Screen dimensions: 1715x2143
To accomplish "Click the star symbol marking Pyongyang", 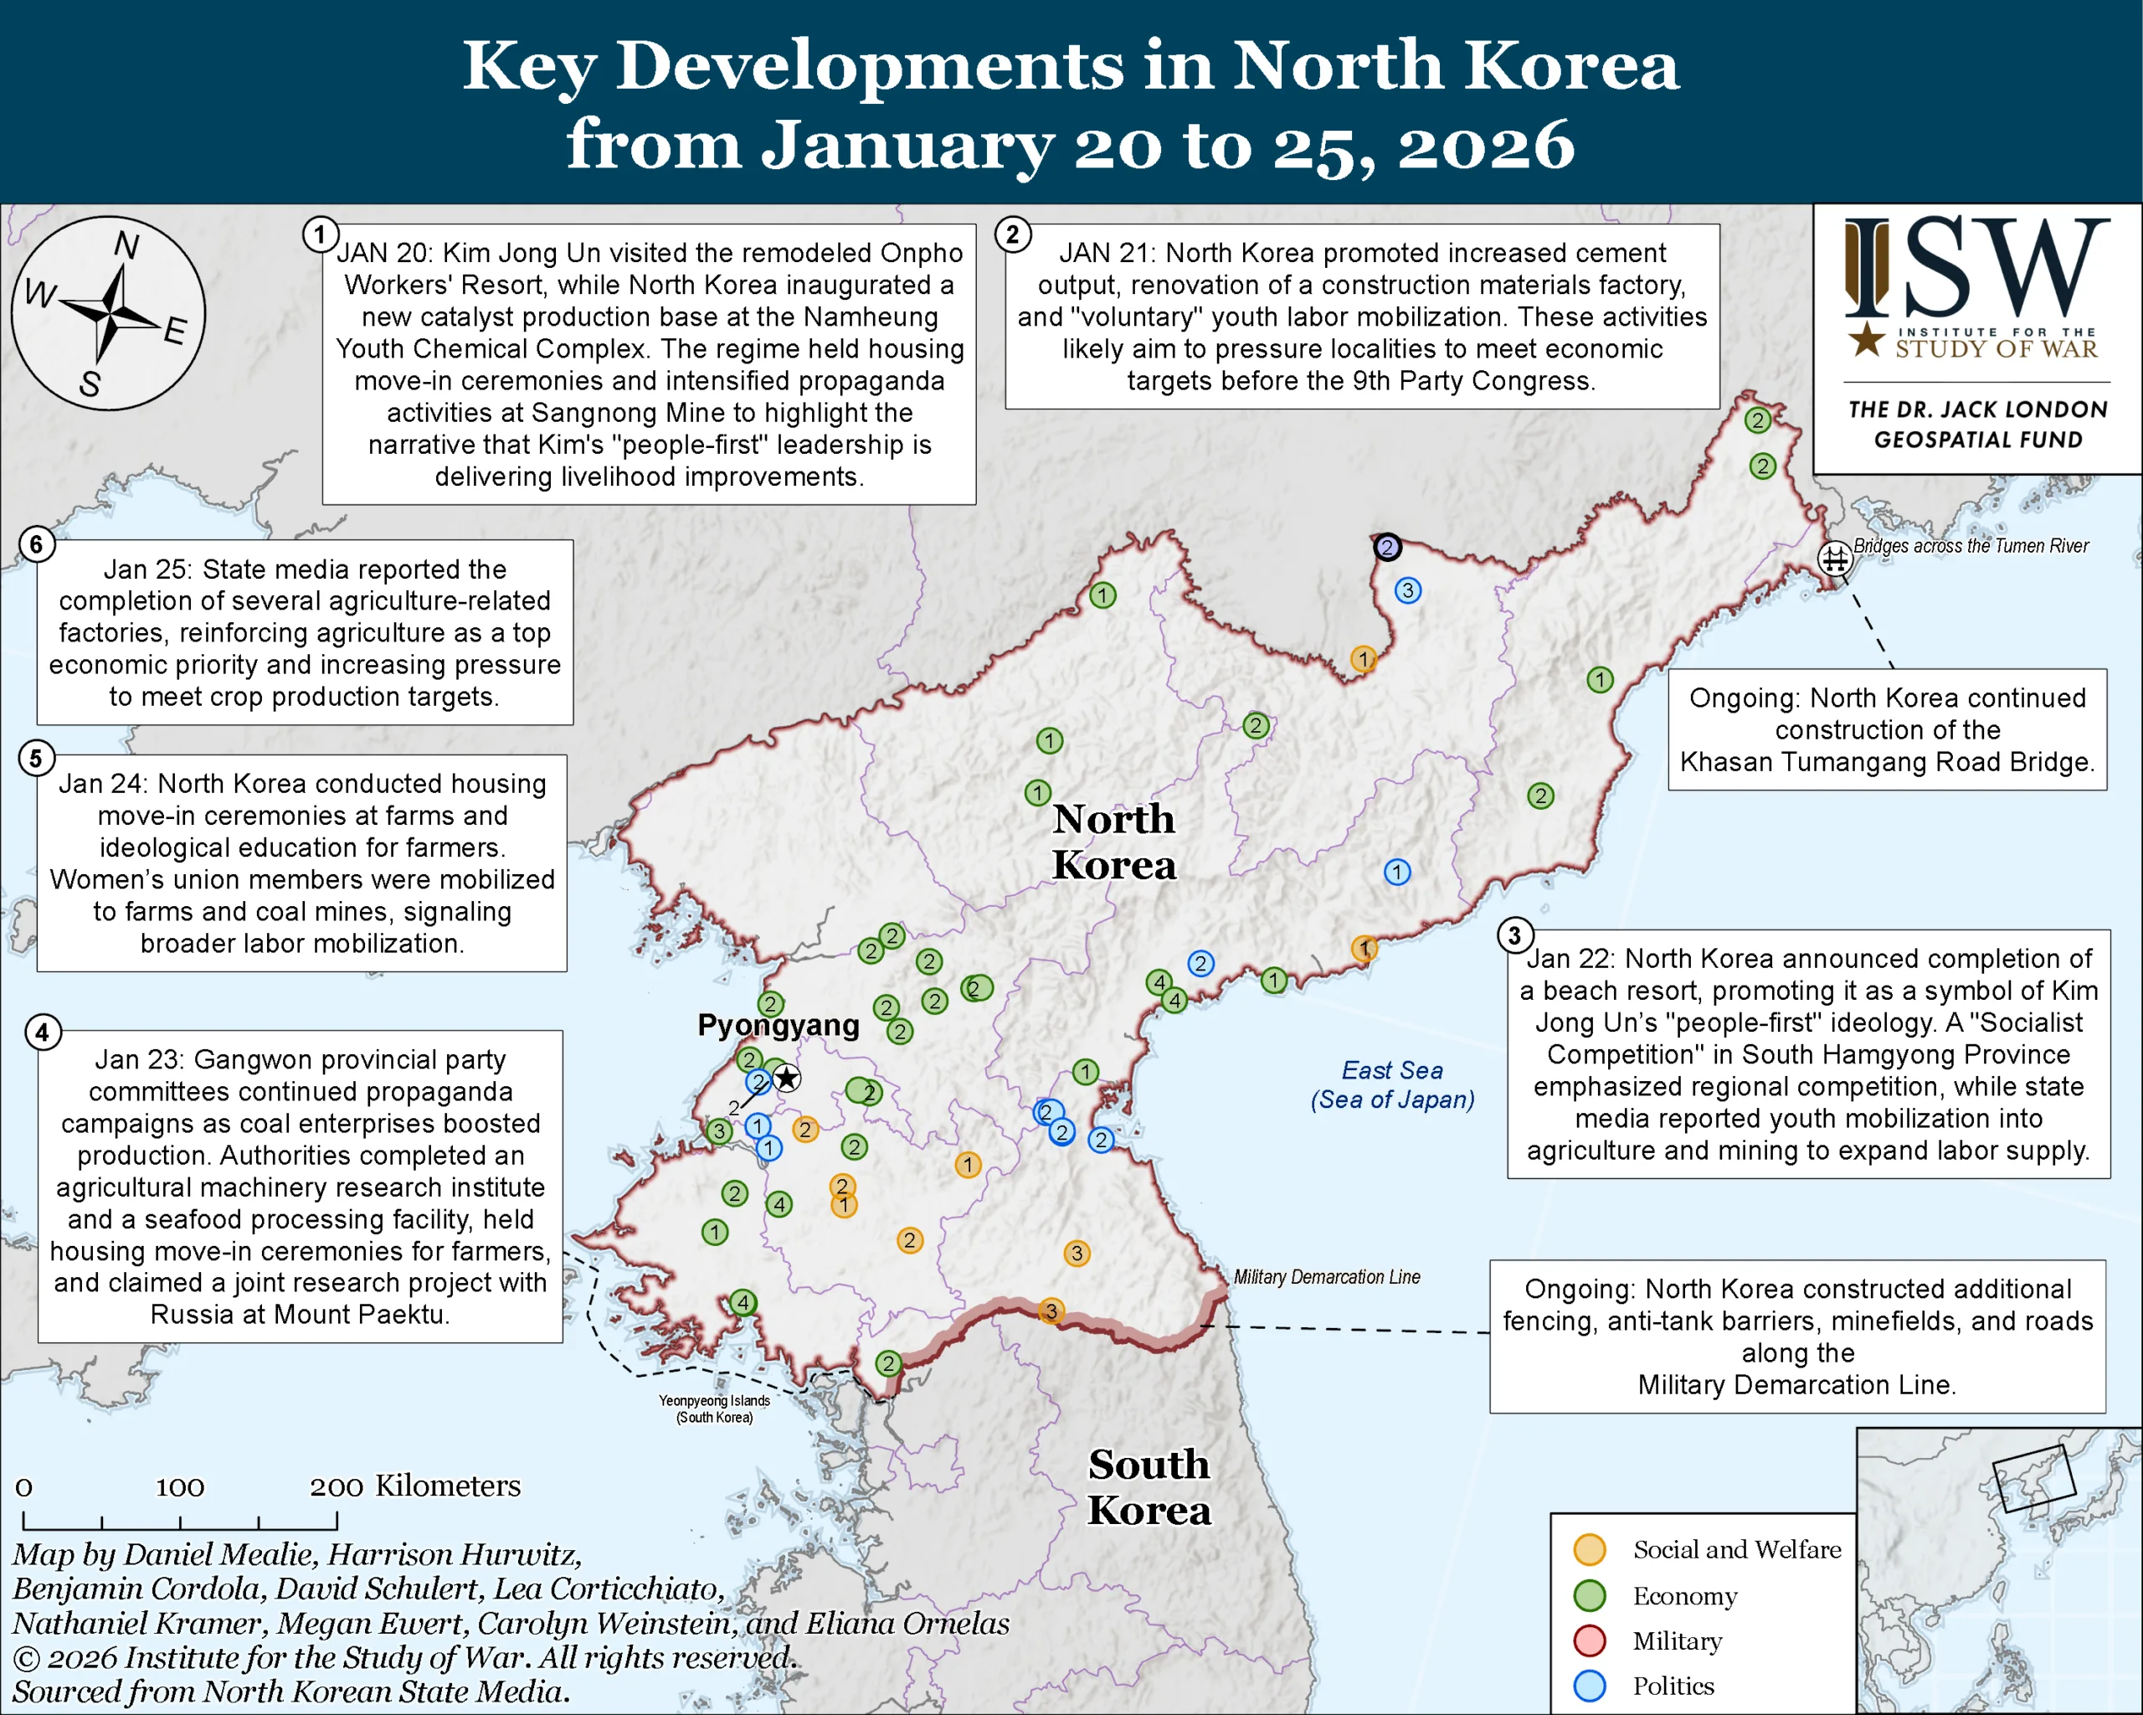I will click(x=786, y=1078).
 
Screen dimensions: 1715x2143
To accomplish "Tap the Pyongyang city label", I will click(x=779, y=1025).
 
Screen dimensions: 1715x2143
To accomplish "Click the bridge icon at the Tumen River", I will click(x=1835, y=559).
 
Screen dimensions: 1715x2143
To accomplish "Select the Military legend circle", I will click(x=1591, y=1640).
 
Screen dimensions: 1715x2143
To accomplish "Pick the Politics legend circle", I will click(x=1591, y=1687).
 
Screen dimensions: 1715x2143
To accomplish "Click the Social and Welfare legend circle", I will click(x=1591, y=1550).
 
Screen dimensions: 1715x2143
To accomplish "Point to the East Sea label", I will click(x=1391, y=1071).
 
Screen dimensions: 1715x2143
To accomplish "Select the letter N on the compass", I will click(x=126, y=245).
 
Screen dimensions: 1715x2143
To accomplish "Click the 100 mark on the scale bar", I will click(x=180, y=1488).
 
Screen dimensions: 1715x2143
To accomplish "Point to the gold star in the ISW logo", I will click(x=1867, y=339).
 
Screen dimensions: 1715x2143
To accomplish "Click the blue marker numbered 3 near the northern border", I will click(x=1407, y=590).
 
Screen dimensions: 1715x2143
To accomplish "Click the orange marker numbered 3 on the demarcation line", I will click(x=1051, y=1311).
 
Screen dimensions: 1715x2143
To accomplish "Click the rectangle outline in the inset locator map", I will click(x=2033, y=1478).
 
